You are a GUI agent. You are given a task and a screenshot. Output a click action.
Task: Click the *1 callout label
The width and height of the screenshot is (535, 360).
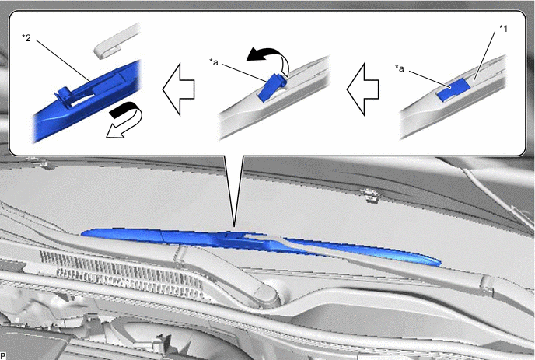tap(503, 29)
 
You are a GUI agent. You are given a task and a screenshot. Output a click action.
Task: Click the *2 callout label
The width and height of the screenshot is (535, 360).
tap(26, 37)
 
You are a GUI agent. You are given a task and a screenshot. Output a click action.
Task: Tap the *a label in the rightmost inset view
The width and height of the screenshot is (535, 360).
tap(400, 68)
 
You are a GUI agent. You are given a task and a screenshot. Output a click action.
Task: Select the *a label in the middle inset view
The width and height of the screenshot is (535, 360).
tap(214, 62)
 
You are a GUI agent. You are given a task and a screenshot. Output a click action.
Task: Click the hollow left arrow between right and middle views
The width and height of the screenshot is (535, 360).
tap(362, 89)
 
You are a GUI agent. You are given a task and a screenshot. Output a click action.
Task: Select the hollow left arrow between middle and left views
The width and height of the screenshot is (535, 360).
tap(178, 89)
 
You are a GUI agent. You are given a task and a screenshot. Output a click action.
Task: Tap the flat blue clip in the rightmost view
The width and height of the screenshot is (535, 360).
tap(453, 89)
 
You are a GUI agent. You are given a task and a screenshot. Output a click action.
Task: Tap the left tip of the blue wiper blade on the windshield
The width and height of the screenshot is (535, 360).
tap(82, 234)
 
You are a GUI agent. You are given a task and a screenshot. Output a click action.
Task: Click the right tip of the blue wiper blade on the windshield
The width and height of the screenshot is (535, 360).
tap(440, 263)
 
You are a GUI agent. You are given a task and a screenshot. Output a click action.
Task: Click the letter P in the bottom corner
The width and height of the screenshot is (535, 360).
tap(3, 356)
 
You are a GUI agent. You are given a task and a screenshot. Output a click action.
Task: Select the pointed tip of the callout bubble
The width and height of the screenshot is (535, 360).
tap(234, 226)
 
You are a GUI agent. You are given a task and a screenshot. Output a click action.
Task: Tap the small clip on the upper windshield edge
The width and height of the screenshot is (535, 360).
tap(369, 195)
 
